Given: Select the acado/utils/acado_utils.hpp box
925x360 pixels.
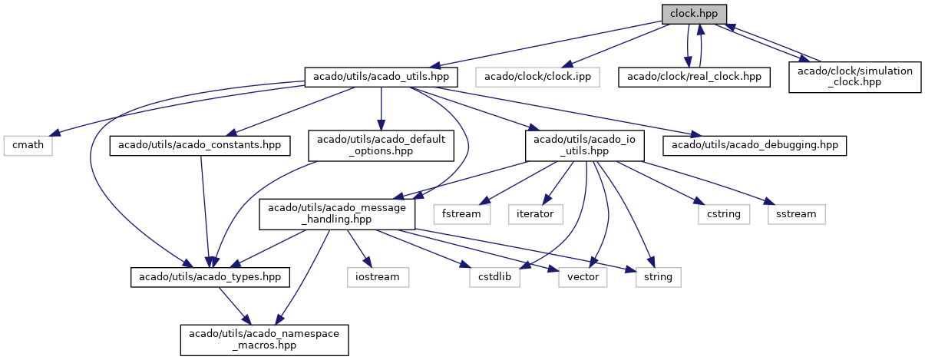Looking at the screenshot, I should (382, 77).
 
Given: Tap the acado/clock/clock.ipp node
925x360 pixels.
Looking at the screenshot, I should (537, 77).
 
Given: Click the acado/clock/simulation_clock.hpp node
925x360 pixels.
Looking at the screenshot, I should (854, 77).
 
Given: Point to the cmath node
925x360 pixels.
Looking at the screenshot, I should (28, 145).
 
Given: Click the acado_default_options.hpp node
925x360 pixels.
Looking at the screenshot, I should (381, 145).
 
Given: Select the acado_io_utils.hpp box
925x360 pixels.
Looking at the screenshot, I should (584, 145).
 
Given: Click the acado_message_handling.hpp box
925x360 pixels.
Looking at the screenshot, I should (337, 213).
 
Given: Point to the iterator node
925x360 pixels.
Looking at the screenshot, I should (536, 213).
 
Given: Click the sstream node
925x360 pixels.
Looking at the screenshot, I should (796, 213).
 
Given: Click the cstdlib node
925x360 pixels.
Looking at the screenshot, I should (495, 276).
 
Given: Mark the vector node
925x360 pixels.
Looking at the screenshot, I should (583, 276).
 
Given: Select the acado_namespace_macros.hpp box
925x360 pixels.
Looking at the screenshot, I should (265, 339).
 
